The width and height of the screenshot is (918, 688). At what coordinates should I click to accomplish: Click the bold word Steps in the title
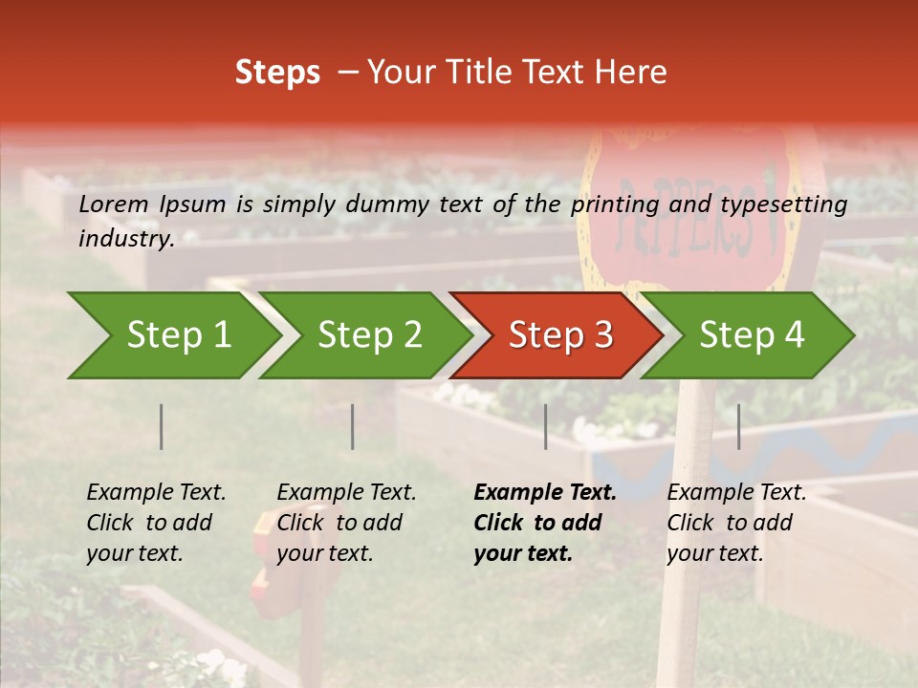(x=277, y=73)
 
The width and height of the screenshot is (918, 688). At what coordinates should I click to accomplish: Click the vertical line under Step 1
(x=162, y=426)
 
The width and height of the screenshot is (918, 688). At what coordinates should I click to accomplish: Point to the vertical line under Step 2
(x=353, y=426)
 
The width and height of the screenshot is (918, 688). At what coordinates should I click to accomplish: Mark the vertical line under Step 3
(x=546, y=426)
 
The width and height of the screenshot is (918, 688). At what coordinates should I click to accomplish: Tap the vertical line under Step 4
(x=739, y=426)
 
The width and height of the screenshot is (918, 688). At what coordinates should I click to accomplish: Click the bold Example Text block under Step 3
(x=544, y=523)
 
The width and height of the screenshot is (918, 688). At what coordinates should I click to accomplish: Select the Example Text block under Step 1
(x=156, y=523)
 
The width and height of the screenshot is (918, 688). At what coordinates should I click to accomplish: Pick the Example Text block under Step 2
(x=346, y=523)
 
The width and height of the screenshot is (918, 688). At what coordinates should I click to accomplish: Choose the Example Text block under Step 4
(x=736, y=523)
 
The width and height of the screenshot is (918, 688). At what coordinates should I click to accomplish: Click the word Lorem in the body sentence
(x=114, y=204)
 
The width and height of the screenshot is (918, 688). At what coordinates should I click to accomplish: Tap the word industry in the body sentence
(x=124, y=239)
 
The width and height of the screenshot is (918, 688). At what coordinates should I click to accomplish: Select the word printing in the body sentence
(x=612, y=204)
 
